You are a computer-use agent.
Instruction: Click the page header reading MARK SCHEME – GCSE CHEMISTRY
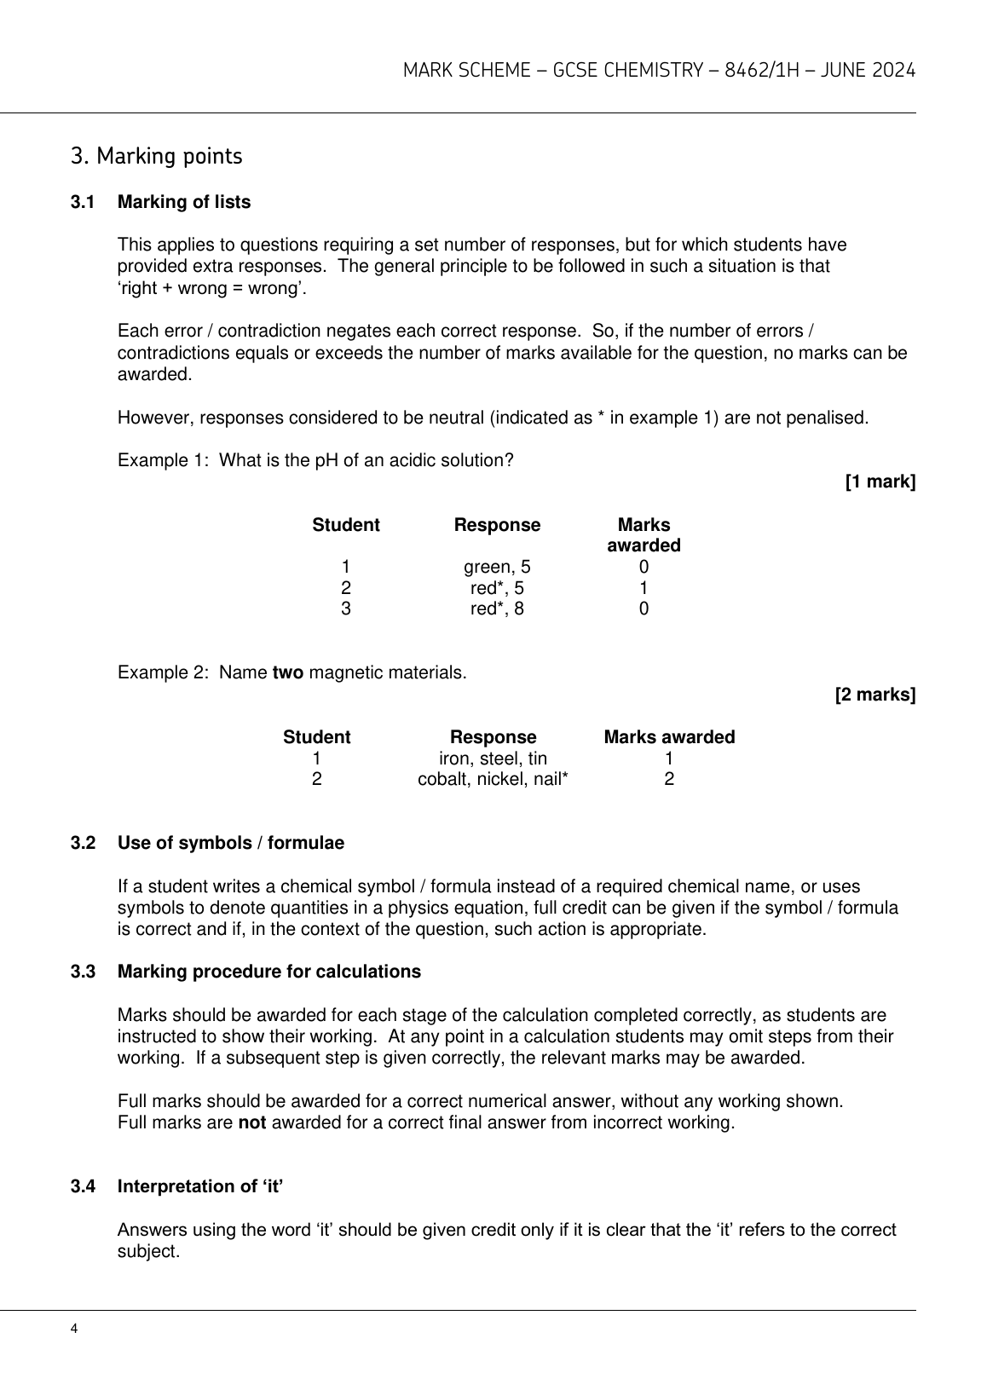pos(659,71)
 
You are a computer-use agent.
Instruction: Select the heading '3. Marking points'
pos(157,157)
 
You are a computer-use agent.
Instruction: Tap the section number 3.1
pos(82,203)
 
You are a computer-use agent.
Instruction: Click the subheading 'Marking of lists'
pos(184,203)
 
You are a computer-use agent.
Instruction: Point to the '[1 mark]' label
pos(880,482)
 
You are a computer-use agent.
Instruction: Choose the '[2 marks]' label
pos(875,695)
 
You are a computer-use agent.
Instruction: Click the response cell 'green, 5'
pos(497,568)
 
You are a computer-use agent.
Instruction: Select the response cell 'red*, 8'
pos(497,609)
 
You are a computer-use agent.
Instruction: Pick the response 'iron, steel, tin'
pos(493,759)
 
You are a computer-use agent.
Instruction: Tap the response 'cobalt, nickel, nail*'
pos(493,779)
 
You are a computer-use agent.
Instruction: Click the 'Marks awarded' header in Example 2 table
pos(669,737)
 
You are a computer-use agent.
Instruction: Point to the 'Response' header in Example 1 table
pos(497,525)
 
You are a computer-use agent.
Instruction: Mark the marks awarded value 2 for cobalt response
pos(669,779)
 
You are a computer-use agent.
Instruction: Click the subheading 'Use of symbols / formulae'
pos(231,844)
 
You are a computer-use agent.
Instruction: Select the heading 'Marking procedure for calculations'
pos(269,972)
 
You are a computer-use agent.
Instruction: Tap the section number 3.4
pos(82,1186)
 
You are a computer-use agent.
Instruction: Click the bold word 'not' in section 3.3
pos(251,1122)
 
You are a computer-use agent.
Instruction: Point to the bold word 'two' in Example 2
pos(287,673)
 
